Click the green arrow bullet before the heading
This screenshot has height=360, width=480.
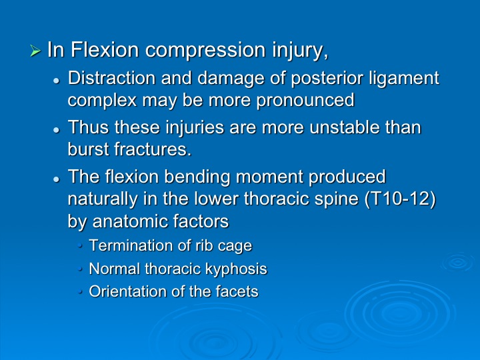(35, 51)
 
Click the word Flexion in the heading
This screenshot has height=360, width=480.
(105, 49)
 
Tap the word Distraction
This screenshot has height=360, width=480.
(111, 78)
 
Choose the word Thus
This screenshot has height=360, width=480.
(88, 127)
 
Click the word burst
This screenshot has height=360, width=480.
(88, 149)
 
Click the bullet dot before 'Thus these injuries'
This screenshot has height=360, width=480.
(56, 130)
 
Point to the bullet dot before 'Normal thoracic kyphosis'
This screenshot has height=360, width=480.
(80, 269)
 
